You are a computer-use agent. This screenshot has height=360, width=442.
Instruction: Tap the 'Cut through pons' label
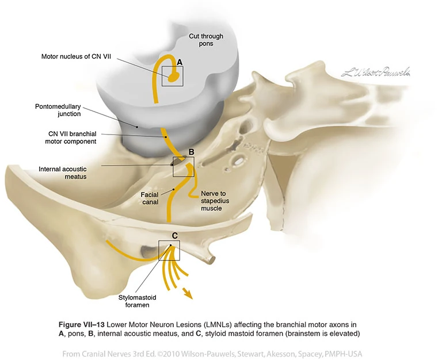[x=205, y=41]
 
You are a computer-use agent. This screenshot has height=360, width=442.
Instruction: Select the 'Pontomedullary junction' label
[x=58, y=110]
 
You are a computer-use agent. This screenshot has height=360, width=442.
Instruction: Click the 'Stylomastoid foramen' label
[x=138, y=301]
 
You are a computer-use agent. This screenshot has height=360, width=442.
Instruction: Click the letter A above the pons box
[x=179, y=62]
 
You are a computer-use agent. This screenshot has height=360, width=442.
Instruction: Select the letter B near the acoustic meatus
[x=192, y=152]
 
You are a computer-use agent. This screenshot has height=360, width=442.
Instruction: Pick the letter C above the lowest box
[x=175, y=235]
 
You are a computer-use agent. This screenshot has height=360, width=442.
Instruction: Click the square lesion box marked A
[x=172, y=76]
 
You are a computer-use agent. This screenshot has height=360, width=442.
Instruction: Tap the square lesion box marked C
[x=169, y=251]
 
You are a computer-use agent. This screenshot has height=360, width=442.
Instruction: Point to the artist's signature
[x=375, y=72]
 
